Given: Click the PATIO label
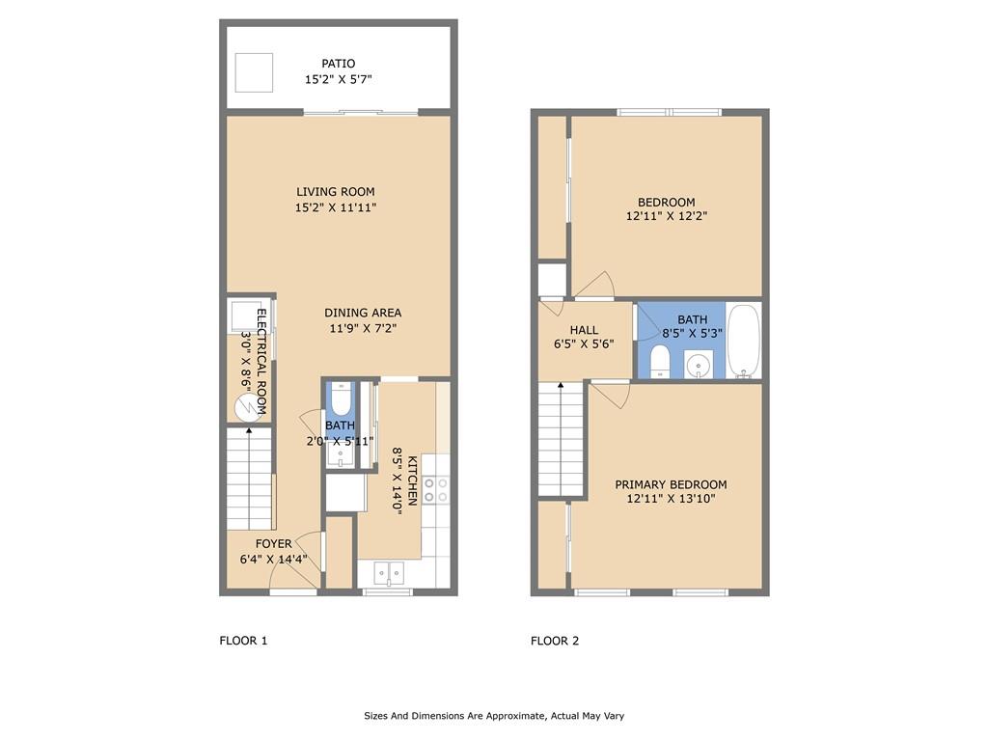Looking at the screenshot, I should tap(338, 64).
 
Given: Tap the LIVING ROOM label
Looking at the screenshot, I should tap(335, 192).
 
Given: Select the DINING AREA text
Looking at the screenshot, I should tap(363, 313).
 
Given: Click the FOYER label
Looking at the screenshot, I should tap(273, 544).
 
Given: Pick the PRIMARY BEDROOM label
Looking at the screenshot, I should tap(671, 484).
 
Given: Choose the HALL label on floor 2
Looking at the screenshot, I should tap(584, 330).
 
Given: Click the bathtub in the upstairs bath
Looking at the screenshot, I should tap(744, 340).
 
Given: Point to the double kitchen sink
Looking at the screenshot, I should tap(389, 573).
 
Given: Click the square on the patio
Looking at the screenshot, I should tap(256, 71).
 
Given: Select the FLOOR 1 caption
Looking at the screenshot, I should tap(243, 641).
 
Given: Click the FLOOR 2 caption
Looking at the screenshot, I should tap(555, 641).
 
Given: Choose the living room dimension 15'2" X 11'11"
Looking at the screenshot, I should tap(335, 207).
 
